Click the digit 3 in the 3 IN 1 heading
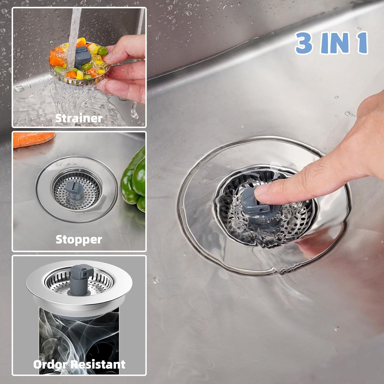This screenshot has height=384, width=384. [x=304, y=42]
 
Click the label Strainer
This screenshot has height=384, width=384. [x=79, y=118]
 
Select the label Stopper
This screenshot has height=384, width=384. [x=79, y=240]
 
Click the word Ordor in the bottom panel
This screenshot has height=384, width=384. [x=50, y=364]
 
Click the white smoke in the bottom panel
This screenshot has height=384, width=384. [x=77, y=333]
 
